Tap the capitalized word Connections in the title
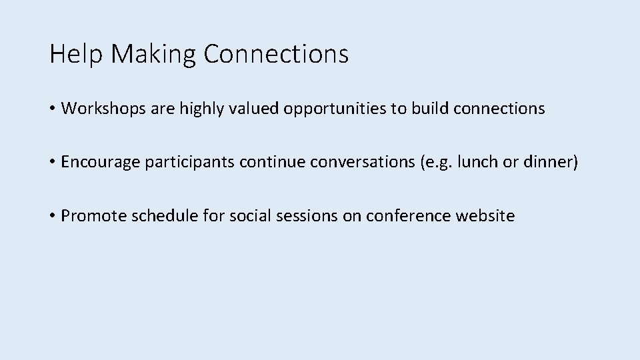click(276, 54)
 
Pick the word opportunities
click(335, 109)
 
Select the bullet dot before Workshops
click(53, 109)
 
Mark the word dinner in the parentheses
click(551, 162)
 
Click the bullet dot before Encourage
click(53, 162)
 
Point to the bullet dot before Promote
click(53, 215)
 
